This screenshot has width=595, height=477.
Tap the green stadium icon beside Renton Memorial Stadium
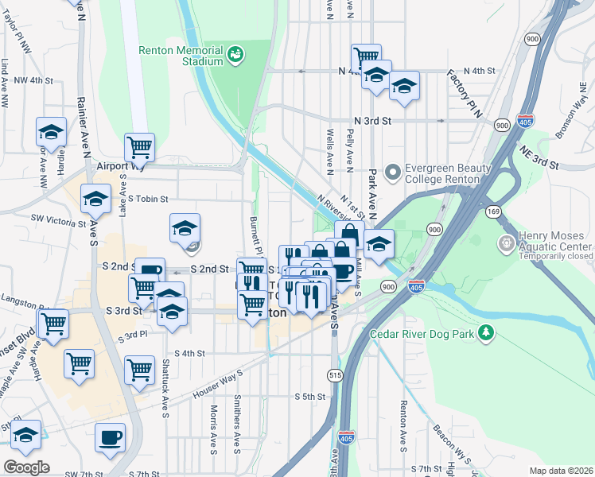[236, 55]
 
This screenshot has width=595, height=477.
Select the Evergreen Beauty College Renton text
[442, 173]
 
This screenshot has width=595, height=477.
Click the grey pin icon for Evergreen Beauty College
[392, 172]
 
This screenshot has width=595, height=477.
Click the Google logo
[26, 467]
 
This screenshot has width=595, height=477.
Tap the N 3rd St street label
[373, 121]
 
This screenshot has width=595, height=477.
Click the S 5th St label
[311, 396]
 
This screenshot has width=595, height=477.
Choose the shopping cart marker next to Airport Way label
[139, 146]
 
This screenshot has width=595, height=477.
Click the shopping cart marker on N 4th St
[366, 57]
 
